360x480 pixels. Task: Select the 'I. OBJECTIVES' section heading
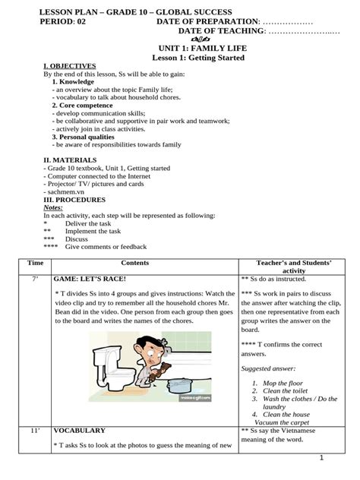[x=70, y=67]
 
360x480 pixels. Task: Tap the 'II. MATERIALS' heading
[x=70, y=161]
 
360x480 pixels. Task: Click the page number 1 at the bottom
[x=322, y=457]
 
